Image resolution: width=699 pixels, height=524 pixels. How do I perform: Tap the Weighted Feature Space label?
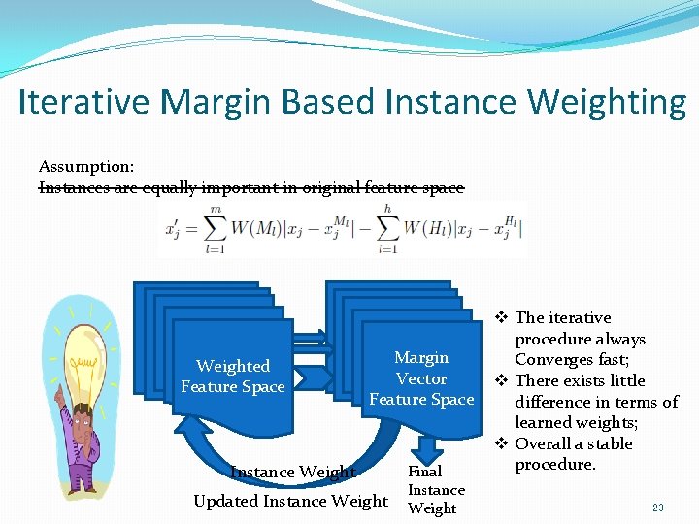[x=233, y=377]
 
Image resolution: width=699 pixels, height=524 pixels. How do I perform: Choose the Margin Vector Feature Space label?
[x=421, y=378]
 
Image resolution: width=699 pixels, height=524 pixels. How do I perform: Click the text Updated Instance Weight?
[x=290, y=501]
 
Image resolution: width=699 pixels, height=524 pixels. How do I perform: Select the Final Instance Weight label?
[x=435, y=490]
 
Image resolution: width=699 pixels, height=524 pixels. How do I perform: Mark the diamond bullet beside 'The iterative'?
[x=501, y=317]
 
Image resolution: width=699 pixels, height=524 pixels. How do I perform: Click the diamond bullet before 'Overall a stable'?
[x=501, y=443]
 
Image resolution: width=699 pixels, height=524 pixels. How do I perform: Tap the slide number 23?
[x=657, y=507]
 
